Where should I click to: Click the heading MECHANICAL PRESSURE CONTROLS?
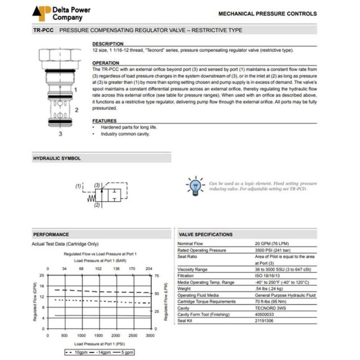[267, 14]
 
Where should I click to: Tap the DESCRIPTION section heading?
[107, 44]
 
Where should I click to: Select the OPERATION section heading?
[105, 63]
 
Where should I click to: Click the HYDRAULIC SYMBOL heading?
[57, 158]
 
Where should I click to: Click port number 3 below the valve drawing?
[60, 134]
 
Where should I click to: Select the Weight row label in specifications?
[184, 289]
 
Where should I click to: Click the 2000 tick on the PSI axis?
[116, 335]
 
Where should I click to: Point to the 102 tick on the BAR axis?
[98, 268]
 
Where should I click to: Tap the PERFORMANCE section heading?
[51, 235]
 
